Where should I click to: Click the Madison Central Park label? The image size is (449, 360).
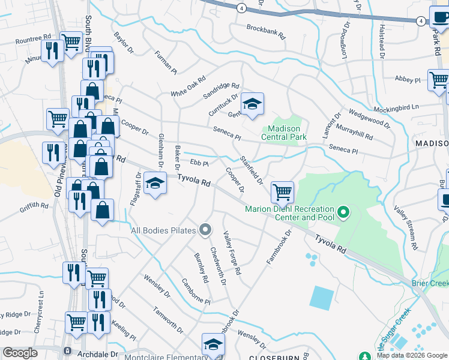pos(284,133)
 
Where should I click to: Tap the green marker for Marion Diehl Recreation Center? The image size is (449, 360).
pos(343,212)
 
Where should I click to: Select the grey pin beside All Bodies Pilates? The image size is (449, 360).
pos(205,230)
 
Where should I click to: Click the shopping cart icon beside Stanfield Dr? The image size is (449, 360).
pos(282,193)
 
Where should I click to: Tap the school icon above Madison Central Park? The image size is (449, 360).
pos(253,104)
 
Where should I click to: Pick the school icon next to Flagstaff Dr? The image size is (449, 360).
pos(155,183)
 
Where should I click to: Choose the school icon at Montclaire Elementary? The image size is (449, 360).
pos(212,344)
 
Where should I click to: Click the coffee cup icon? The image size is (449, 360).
pos(441,17)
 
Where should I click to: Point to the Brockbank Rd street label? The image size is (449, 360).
pos(266,31)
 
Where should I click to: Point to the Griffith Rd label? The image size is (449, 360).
pos(34,206)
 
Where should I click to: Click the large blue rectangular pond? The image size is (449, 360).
pos(322,298)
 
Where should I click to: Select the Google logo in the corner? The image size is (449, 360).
pos(20,353)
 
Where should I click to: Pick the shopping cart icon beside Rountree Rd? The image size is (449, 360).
pos(71,43)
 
